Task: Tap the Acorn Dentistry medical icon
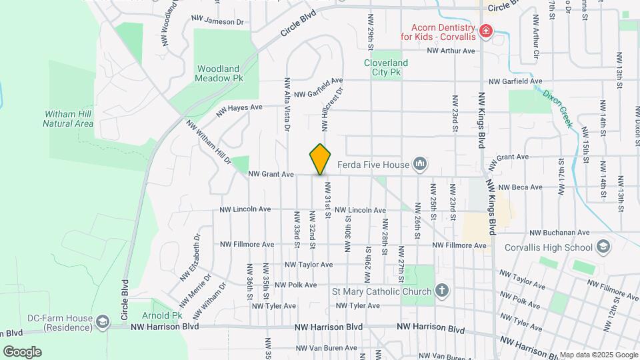coord(486,31)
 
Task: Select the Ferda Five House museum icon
coord(420,163)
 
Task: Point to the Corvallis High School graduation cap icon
coord(603,248)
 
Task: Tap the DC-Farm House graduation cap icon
coord(103,322)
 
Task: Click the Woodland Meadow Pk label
coord(217,73)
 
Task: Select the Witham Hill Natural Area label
coord(68,119)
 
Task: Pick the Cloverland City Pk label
coord(386,67)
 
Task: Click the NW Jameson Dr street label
coord(218,22)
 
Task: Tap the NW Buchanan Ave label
coord(560,233)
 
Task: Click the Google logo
coord(22,352)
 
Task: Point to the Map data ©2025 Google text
coord(598,355)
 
